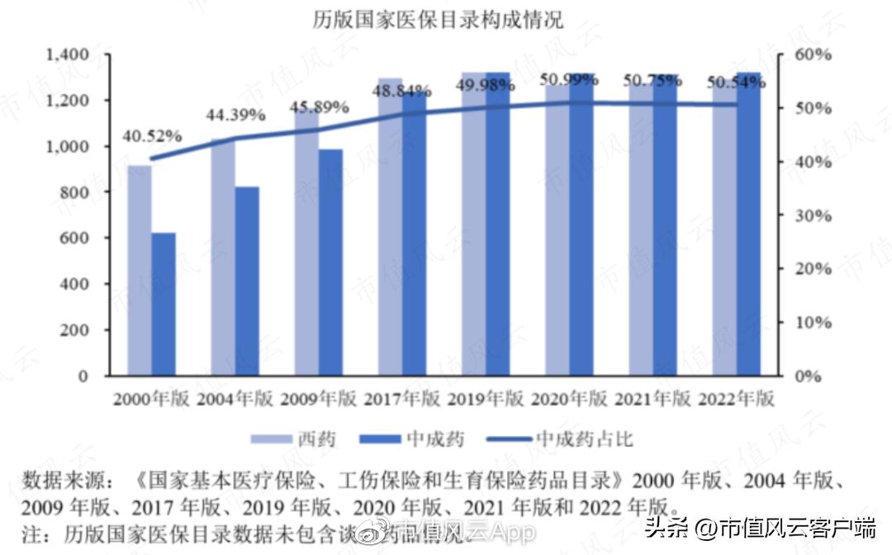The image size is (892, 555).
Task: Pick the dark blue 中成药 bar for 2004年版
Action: click(x=247, y=281)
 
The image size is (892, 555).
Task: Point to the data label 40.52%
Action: click(x=153, y=136)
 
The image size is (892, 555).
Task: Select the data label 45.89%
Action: click(x=319, y=107)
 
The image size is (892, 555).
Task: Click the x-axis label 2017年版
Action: click(x=402, y=399)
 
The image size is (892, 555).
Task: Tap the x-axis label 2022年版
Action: click(x=736, y=399)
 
